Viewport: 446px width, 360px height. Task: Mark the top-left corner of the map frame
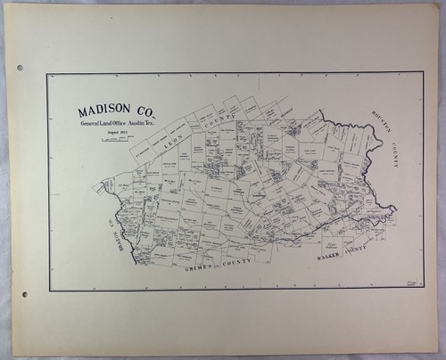pyautogui.click(x=48, y=74)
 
